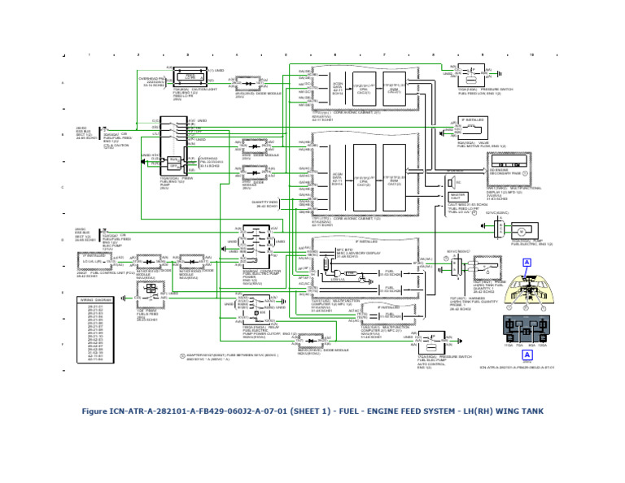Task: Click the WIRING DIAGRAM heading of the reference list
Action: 96,299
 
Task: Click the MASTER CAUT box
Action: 457,196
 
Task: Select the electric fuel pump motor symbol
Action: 524,230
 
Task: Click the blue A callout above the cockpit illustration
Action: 527,262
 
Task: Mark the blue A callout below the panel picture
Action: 527,355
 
